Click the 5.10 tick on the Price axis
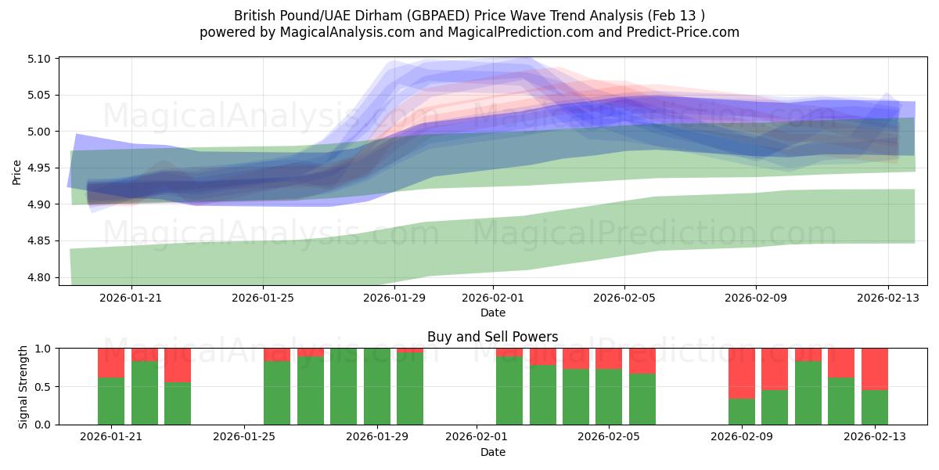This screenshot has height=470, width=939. point(39,59)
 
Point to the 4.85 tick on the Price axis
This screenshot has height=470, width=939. point(39,241)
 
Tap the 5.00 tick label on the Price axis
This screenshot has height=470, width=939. point(39,132)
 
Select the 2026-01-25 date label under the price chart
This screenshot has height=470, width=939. point(262,298)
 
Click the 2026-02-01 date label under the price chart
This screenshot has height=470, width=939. point(493,298)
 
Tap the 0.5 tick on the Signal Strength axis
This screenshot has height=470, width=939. point(44,387)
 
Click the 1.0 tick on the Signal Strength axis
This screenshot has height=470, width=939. point(44,349)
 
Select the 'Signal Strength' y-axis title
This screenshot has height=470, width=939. point(23,386)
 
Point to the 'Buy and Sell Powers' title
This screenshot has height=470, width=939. point(492,337)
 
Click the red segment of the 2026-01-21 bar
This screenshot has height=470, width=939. point(111,363)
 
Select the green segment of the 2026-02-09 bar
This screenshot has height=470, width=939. point(742,411)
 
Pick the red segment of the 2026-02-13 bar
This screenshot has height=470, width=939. point(875,369)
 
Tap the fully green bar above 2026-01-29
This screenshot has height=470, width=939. point(376,386)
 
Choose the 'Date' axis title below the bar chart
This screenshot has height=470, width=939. point(492,452)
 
